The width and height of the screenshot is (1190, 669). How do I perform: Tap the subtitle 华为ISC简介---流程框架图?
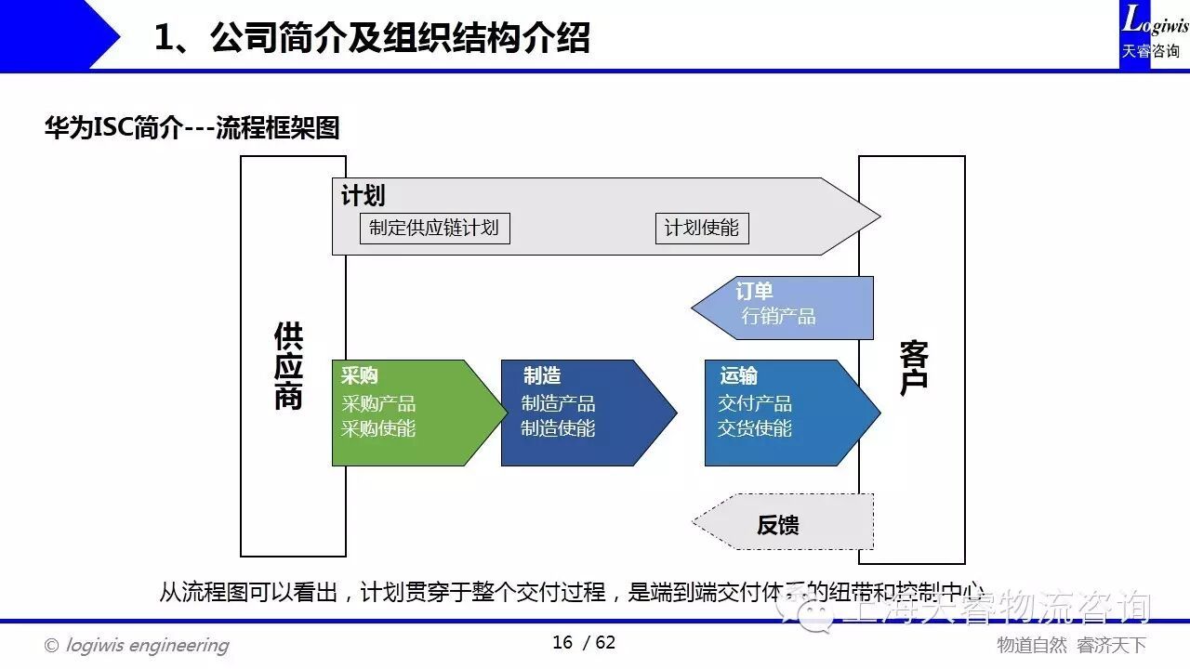pyautogui.click(x=192, y=127)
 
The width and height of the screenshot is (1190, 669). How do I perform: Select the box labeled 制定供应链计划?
pyautogui.click(x=434, y=228)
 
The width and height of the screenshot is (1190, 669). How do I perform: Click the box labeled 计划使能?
pyautogui.click(x=701, y=228)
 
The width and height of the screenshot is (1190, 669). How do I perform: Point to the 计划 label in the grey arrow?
pyautogui.click(x=363, y=196)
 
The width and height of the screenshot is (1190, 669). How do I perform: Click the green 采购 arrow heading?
pyautogui.click(x=360, y=375)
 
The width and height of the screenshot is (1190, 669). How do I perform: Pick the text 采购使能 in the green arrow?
pyautogui.click(x=378, y=428)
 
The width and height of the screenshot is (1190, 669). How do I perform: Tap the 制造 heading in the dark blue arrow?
pyautogui.click(x=541, y=375)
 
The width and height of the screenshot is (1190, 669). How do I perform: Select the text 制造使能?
pyautogui.click(x=558, y=428)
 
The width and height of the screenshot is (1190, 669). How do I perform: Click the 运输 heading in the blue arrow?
pyautogui.click(x=738, y=375)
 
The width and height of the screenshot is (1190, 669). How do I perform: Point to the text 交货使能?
pyautogui.click(x=755, y=428)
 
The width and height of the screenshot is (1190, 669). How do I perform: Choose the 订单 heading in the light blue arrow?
pyautogui.click(x=754, y=292)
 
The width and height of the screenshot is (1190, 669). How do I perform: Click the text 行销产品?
pyautogui.click(x=778, y=316)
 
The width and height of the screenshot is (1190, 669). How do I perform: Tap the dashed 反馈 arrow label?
pyautogui.click(x=777, y=525)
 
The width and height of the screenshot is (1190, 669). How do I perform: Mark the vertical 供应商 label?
pyautogui.click(x=288, y=366)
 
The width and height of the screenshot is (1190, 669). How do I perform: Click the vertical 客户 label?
pyautogui.click(x=913, y=368)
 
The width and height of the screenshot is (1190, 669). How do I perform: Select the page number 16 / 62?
pyautogui.click(x=584, y=643)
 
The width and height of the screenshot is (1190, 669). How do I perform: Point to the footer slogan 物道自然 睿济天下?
pyautogui.click(x=1071, y=645)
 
